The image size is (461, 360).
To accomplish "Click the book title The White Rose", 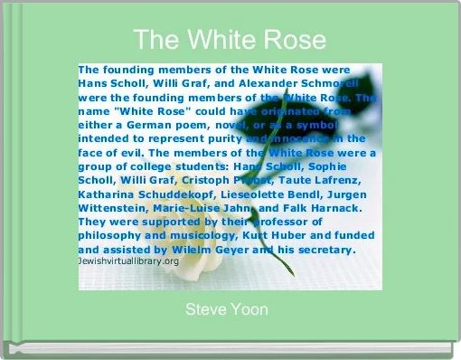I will [230, 40].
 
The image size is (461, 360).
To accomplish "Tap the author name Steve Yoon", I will [226, 310].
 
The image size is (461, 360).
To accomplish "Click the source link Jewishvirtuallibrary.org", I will [128, 261].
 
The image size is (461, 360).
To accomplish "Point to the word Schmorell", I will [334, 82].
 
